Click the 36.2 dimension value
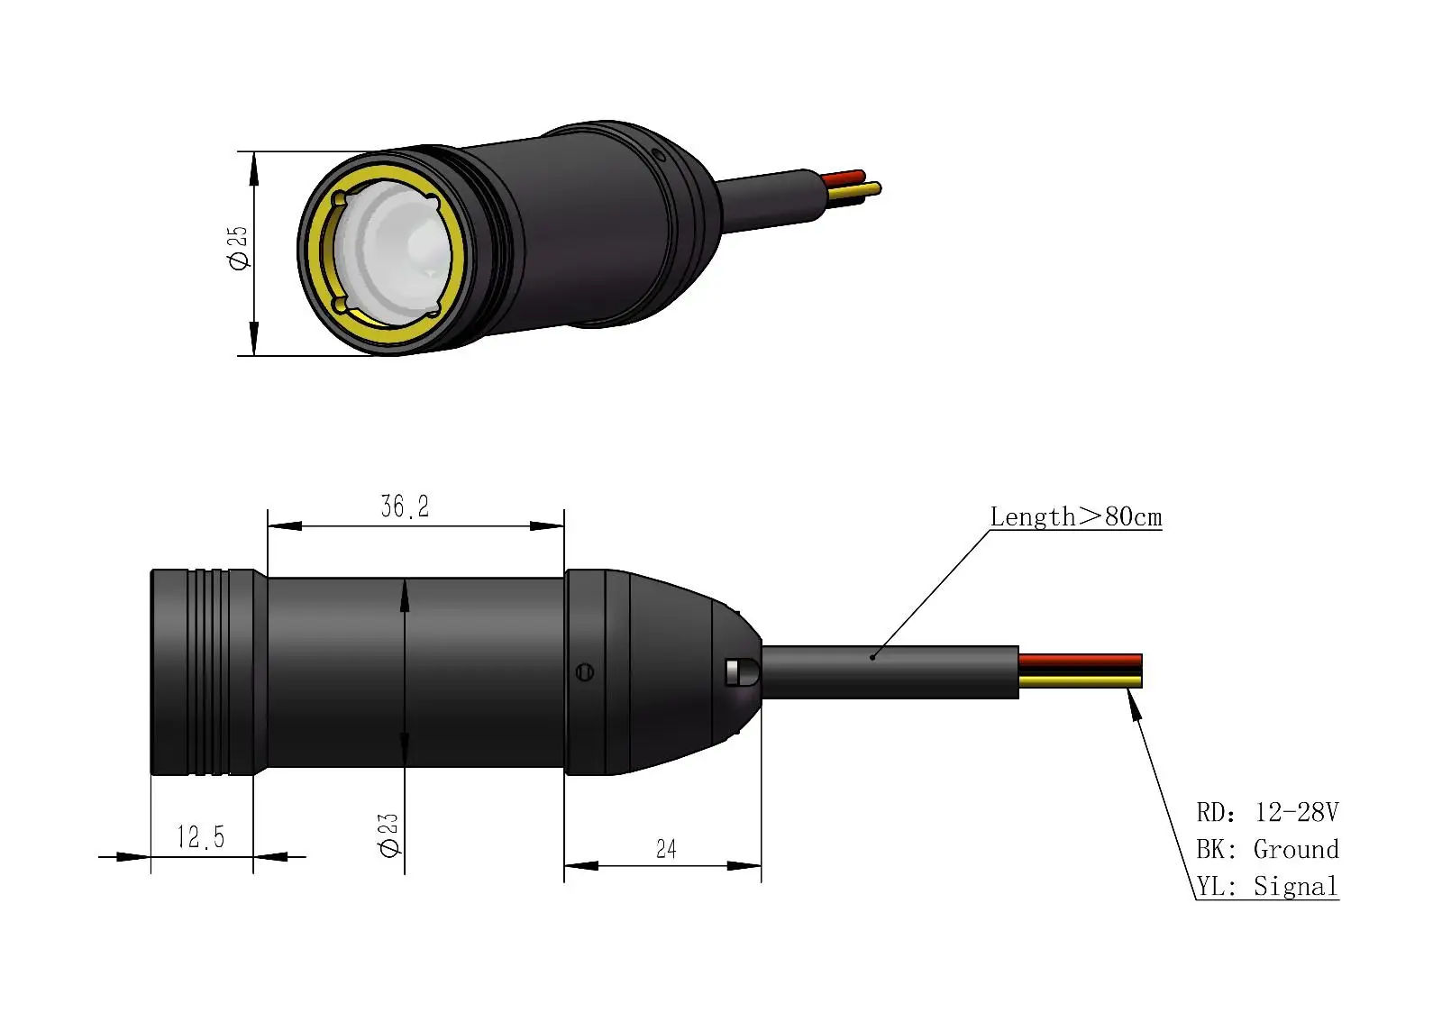405,506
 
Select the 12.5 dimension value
200,837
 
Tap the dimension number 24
666,849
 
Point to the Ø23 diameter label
388,835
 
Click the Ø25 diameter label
239,248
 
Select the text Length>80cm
1075,517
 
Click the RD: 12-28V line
1266,813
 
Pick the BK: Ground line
1266,850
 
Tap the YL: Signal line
1266,887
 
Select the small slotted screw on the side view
584,671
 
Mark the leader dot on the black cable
872,657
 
